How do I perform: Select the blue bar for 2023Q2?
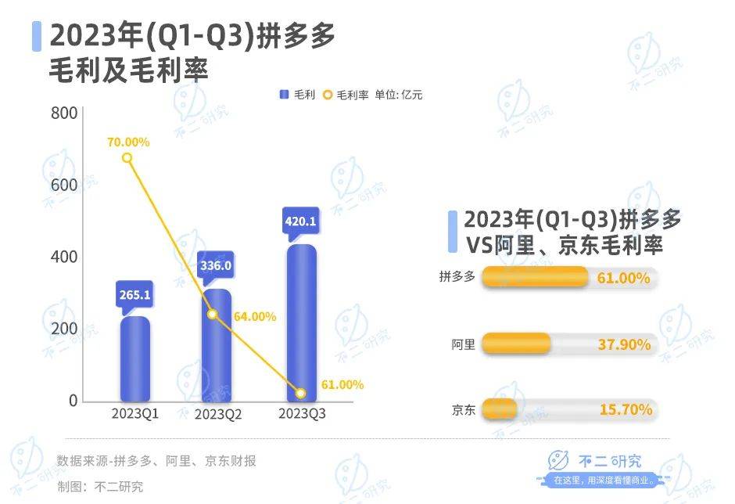pos(217,344)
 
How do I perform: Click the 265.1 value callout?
pos(134,296)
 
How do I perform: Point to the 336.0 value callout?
pos(217,265)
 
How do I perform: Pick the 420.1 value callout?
pos(301,222)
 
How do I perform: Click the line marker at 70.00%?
pos(127,158)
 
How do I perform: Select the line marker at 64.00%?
pos(212,314)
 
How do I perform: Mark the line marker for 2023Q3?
pos(301,393)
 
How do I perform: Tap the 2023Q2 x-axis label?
pos(218,414)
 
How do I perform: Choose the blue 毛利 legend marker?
pos(284,95)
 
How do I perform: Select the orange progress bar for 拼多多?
pos(535,278)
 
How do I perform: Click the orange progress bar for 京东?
pos(500,409)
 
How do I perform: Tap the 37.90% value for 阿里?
pos(624,344)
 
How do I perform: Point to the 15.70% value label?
pos(624,409)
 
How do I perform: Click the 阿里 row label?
pos(463,344)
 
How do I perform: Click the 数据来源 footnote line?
pos(156,461)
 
